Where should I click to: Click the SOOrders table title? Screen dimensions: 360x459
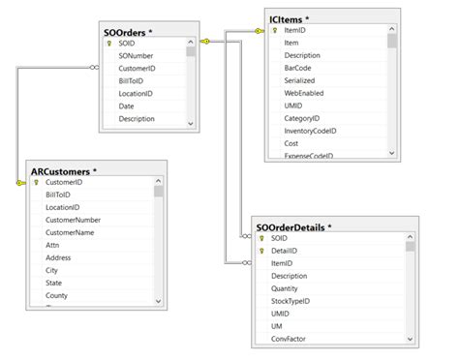(128, 31)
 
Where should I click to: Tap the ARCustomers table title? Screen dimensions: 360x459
(61, 169)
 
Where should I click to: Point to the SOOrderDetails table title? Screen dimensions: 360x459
(293, 225)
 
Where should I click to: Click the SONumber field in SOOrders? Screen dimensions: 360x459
(137, 56)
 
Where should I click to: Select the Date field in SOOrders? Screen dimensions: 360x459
(127, 106)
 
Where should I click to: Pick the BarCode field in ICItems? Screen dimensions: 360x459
(298, 69)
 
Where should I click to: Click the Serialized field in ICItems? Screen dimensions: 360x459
(300, 81)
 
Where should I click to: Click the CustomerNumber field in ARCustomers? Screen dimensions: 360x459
(73, 220)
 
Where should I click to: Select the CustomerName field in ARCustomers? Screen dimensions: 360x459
(70, 232)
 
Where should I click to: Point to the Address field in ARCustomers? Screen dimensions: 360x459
(59, 257)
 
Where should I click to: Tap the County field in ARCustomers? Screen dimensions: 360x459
(57, 295)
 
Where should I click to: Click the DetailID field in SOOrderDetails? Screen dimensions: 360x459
(285, 251)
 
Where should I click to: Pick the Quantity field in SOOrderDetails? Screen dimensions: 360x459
(286, 288)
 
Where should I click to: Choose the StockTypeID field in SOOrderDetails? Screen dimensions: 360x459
(290, 301)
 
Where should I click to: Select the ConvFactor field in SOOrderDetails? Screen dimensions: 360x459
(289, 339)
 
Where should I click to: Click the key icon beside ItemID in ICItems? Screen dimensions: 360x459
(276, 31)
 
